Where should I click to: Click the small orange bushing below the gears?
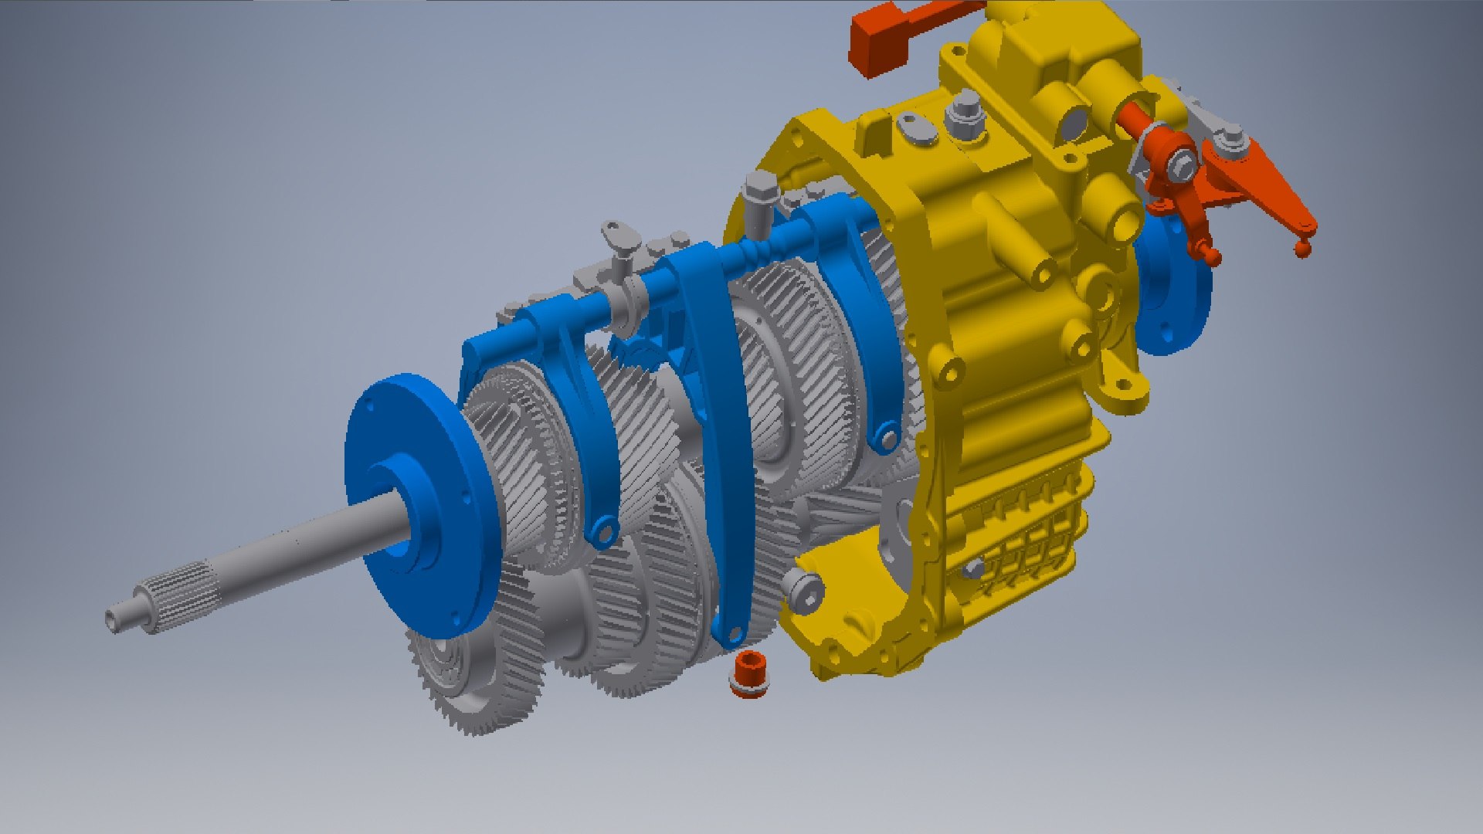(748, 674)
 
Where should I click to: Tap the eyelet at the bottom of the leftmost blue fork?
(601, 531)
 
